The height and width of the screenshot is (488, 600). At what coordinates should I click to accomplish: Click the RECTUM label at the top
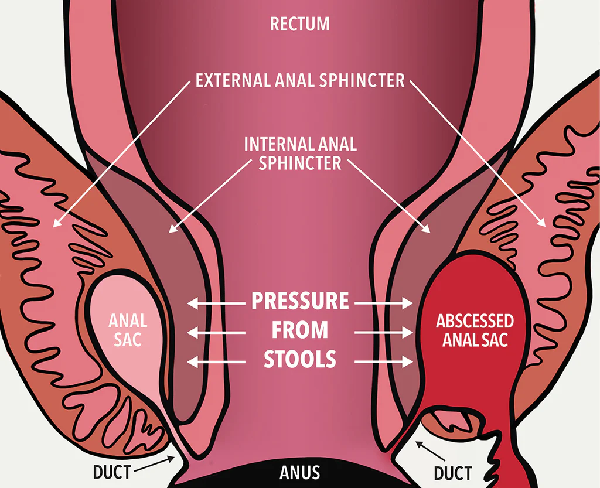pyautogui.click(x=299, y=24)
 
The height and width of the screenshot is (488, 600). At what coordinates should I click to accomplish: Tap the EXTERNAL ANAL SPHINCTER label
pyautogui.click(x=300, y=80)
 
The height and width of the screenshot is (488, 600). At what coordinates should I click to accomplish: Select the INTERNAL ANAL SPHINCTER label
pyautogui.click(x=300, y=153)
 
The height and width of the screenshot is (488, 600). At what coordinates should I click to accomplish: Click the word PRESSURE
pyautogui.click(x=300, y=302)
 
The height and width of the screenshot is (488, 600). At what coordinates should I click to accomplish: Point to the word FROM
pyautogui.click(x=300, y=331)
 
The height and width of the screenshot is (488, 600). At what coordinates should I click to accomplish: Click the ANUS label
pyautogui.click(x=299, y=472)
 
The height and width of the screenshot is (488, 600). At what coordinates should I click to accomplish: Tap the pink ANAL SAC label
pyautogui.click(x=128, y=329)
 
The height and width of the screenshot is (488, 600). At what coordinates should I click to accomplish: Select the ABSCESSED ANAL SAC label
pyautogui.click(x=475, y=330)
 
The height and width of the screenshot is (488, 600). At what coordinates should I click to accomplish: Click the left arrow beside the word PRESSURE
pyautogui.click(x=216, y=303)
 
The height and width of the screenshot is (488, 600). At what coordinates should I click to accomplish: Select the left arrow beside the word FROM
pyautogui.click(x=216, y=332)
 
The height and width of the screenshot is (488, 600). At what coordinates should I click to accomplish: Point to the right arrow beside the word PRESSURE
pyautogui.click(x=384, y=303)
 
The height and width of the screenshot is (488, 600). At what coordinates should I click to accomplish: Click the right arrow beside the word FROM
pyautogui.click(x=384, y=332)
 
